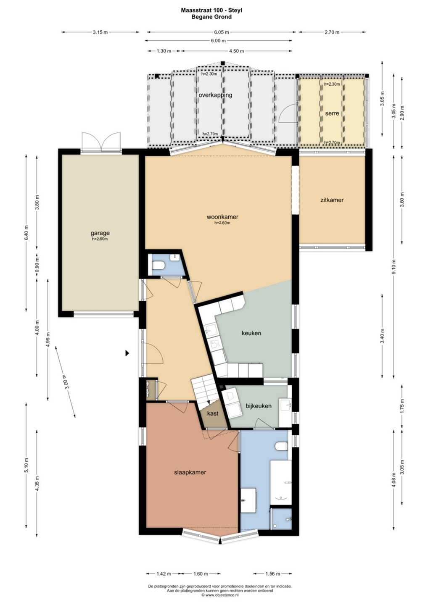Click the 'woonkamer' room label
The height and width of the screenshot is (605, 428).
pos(222,217)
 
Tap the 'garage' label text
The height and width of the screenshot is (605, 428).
pos(100,233)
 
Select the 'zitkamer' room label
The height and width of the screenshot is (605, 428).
pos(332,200)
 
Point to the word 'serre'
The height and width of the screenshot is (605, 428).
pos(332,113)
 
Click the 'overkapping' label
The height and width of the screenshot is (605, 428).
pos(215,95)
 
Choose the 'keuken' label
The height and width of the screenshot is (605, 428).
pos(251,333)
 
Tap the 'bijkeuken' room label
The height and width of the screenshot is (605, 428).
pos(259,406)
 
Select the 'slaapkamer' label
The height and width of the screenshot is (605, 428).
pos(190,472)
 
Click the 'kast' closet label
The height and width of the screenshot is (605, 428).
pos(213,413)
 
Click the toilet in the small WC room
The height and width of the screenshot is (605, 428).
pos(159,266)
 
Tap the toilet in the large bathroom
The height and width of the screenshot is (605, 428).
pos(281,446)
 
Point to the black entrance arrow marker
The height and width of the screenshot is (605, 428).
pos(127,353)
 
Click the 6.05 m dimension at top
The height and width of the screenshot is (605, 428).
pos(221,32)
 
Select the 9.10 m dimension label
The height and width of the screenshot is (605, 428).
pos(394,267)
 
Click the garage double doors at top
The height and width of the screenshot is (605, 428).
pos(101,142)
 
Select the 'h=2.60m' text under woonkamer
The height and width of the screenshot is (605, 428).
pos(222,223)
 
